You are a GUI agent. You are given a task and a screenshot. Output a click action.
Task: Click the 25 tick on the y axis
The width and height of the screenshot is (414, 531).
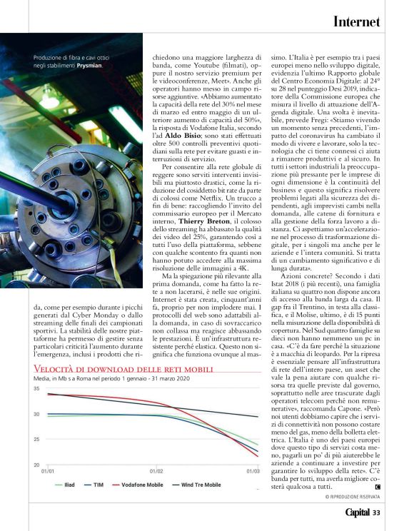(36, 439)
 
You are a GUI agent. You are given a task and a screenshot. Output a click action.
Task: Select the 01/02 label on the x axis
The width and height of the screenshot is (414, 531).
(156, 471)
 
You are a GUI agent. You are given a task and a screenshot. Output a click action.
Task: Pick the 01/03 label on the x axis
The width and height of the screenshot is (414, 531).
(253, 471)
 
